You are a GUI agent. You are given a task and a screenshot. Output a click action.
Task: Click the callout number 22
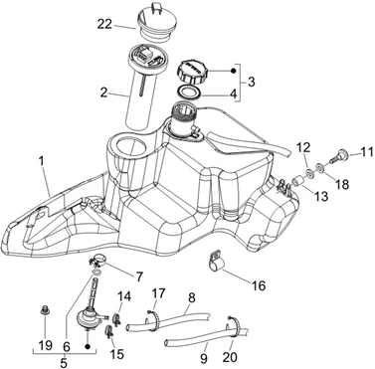104,24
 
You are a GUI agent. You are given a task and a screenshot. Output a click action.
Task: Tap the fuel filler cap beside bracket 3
191,72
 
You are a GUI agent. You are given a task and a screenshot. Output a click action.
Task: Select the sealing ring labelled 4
189,92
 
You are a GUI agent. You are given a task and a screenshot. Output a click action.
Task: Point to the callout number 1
41,161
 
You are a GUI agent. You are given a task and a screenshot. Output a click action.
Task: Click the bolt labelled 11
338,155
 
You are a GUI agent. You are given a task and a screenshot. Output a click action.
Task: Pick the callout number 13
321,196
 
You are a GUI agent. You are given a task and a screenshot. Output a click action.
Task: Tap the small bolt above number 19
43,310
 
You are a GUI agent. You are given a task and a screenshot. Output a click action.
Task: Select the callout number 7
138,276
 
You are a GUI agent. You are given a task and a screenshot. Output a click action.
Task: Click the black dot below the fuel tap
88,346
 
